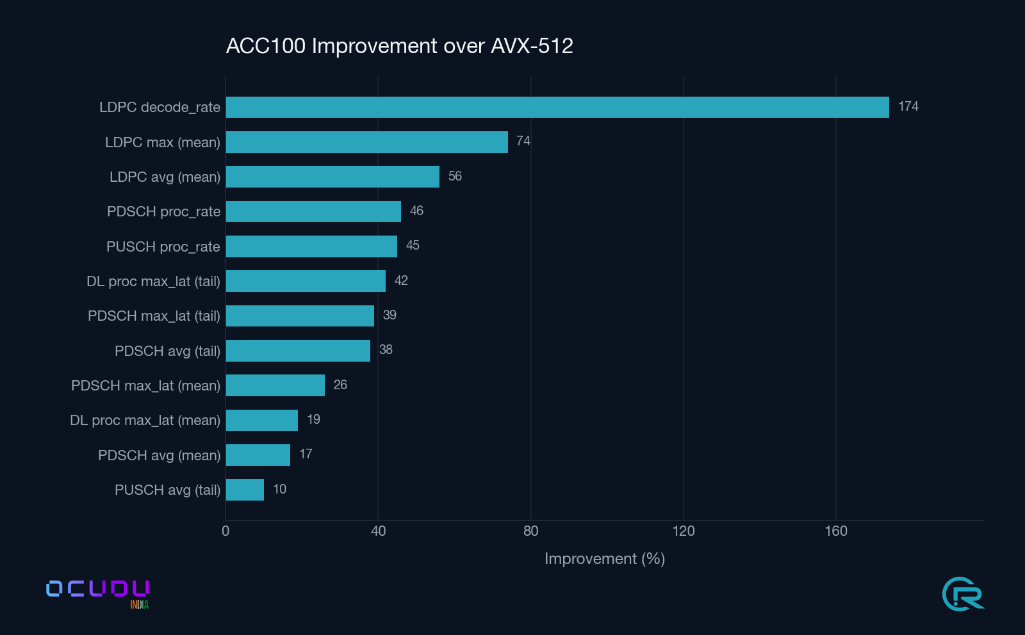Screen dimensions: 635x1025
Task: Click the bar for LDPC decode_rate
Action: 557,108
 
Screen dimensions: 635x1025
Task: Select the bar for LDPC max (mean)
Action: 366,142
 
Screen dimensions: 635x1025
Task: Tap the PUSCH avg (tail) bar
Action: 245,490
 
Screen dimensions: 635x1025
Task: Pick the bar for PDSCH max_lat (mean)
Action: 275,385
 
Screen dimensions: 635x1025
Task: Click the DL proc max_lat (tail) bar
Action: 306,281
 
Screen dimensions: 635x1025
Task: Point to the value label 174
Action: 908,107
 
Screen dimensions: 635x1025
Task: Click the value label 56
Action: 455,176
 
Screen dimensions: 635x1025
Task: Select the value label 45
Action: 413,246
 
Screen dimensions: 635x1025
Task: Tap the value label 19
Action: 313,419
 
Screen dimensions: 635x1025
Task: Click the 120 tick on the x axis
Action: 683,531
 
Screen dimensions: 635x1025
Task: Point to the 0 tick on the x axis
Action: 225,531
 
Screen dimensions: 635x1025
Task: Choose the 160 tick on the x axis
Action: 835,531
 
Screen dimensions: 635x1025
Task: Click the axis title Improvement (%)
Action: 604,559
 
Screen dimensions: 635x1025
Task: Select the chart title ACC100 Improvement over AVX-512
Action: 399,46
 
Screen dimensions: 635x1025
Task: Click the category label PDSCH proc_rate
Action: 163,212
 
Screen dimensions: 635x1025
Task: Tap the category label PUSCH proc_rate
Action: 163,246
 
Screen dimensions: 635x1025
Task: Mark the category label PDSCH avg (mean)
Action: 159,455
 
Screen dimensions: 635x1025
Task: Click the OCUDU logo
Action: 97,589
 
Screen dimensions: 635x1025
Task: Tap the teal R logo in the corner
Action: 963,594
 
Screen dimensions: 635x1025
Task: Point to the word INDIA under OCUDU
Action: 139,605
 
